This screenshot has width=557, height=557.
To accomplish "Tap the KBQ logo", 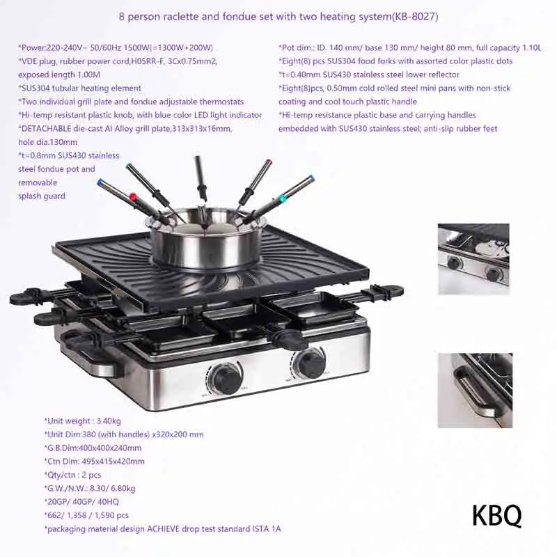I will [x=496, y=516].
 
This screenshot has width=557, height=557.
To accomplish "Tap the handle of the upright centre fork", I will [x=201, y=178].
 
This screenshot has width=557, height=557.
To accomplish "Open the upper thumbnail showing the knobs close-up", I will [x=473, y=255].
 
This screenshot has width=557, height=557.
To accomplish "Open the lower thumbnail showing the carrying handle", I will [x=475, y=389].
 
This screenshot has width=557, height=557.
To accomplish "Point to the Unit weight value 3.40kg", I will [x=107, y=421].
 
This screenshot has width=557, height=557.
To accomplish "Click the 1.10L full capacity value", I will [x=530, y=48].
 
